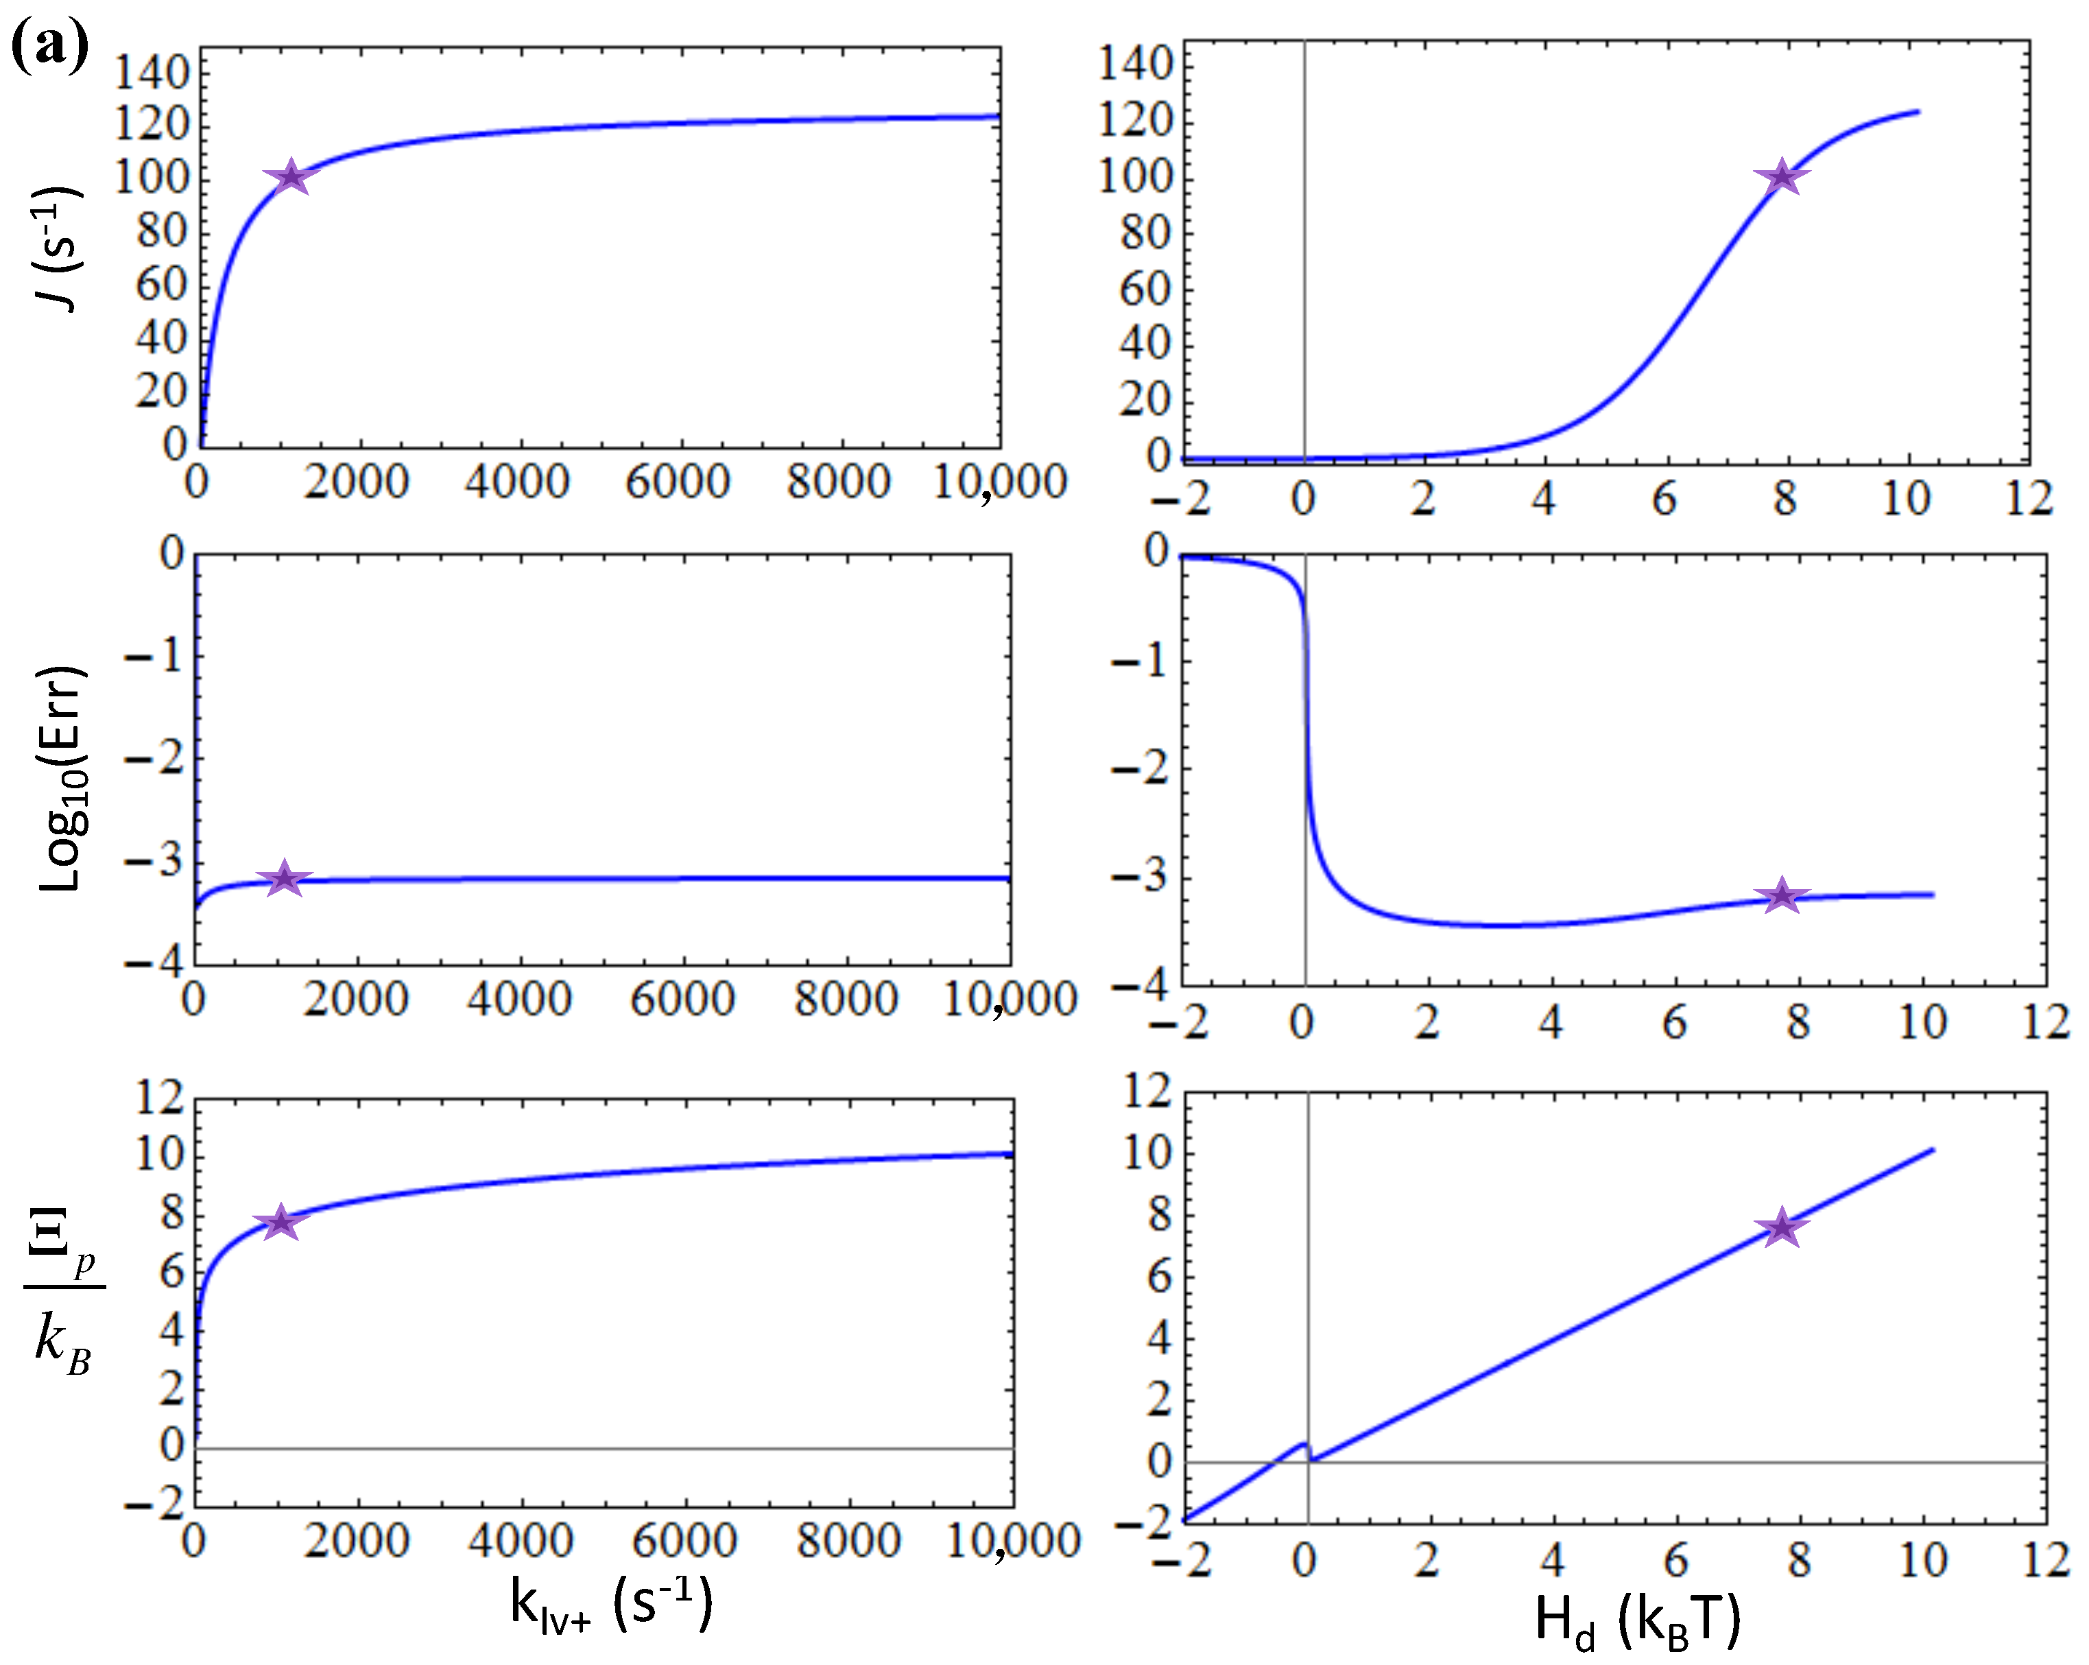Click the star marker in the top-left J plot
tap(291, 178)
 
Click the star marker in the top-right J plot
tap(1781, 178)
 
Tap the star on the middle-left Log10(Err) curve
tap(284, 878)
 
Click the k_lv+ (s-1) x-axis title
tap(610, 1604)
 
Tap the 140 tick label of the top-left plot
tap(150, 72)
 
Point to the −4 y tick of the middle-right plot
tap(1139, 987)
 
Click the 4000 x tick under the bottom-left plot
tap(521, 1540)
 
